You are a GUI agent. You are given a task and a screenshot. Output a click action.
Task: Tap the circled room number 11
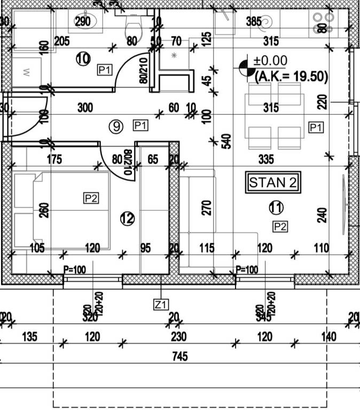click(x=276, y=207)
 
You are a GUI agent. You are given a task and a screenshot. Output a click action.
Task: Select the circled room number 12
click(x=127, y=218)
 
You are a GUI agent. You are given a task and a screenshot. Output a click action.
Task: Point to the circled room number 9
click(x=116, y=127)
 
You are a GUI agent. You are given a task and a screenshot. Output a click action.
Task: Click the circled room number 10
click(x=82, y=59)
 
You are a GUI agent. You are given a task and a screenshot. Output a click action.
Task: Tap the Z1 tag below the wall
click(x=161, y=305)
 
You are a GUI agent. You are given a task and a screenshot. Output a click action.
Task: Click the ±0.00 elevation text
click(x=270, y=61)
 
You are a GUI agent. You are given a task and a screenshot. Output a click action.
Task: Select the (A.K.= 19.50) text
click(x=291, y=76)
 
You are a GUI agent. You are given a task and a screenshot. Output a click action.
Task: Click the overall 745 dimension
click(x=180, y=356)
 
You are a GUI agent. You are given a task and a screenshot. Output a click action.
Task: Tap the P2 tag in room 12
click(x=91, y=199)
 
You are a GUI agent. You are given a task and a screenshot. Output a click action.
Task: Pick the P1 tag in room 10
click(x=104, y=69)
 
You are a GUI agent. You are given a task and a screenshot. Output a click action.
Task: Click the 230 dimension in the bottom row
click(x=178, y=337)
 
